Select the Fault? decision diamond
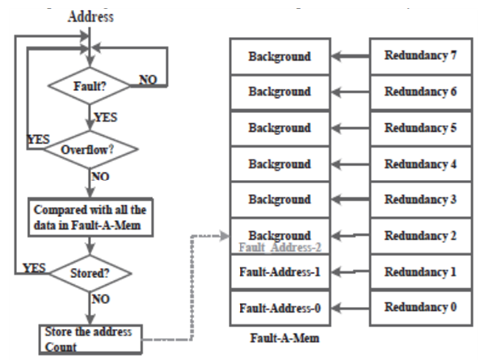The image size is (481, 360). pos(92,87)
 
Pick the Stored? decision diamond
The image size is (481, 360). pos(92,270)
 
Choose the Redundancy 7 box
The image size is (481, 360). pos(419,55)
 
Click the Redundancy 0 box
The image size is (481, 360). pos(419,306)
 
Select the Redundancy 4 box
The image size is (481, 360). pos(419,163)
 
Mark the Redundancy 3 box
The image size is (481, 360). pos(419,198)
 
